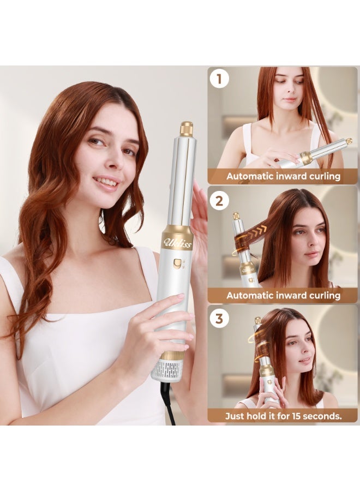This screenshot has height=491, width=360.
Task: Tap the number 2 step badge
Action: (x=219, y=200)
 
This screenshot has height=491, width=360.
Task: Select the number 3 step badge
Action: (x=219, y=319)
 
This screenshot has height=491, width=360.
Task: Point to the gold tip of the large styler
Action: (x=187, y=129)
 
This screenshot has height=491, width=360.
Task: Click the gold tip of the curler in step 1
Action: (x=347, y=141)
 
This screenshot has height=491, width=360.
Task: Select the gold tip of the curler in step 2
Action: (x=236, y=216)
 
